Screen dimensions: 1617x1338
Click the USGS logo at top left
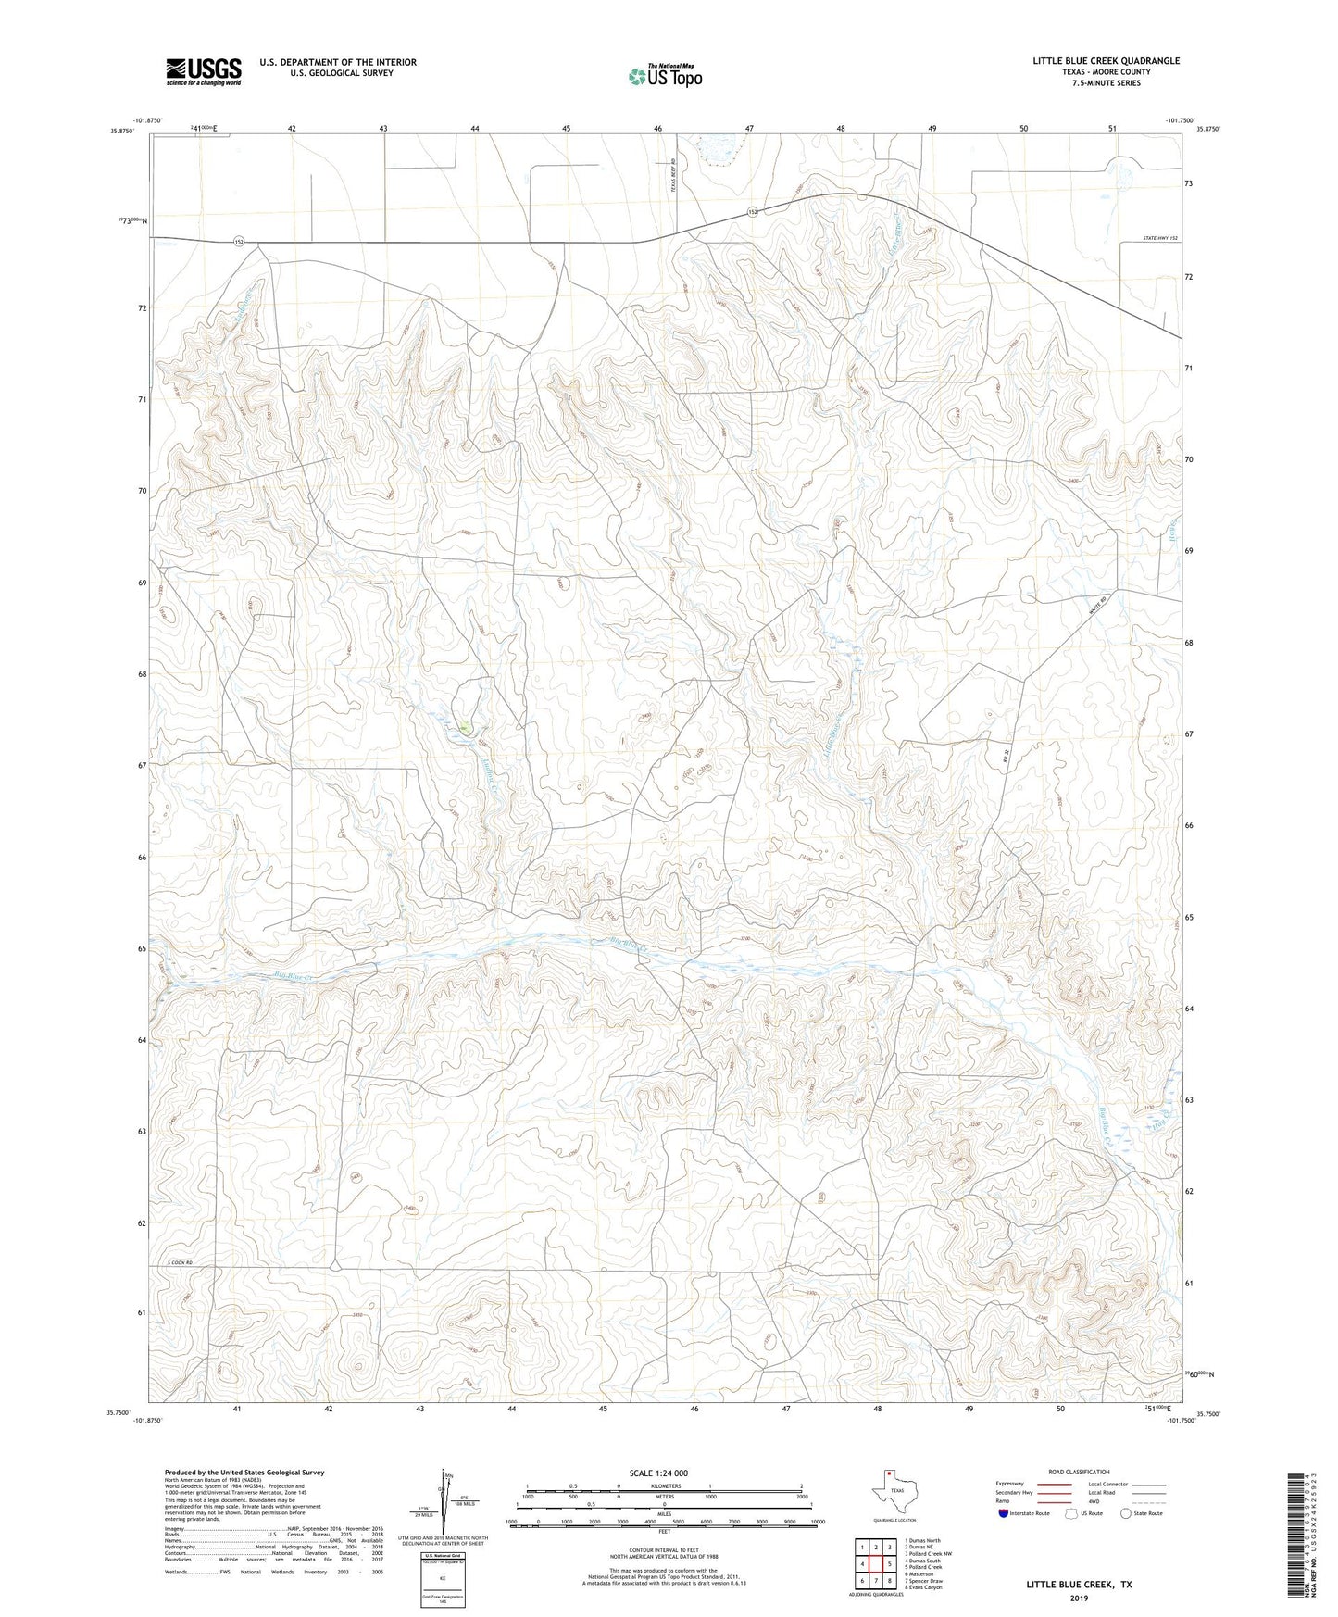click(x=204, y=71)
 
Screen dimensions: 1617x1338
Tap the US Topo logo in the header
click(x=665, y=76)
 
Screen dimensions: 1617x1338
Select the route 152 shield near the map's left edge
click(x=239, y=241)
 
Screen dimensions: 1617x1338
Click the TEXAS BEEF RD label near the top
click(x=675, y=173)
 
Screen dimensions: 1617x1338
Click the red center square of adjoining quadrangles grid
click(x=875, y=1563)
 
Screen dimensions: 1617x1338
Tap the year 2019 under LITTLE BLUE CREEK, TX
click(x=1078, y=1598)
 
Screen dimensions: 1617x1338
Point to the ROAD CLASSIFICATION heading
click(x=1079, y=1472)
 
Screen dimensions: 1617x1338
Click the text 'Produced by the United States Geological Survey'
click(x=244, y=1472)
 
